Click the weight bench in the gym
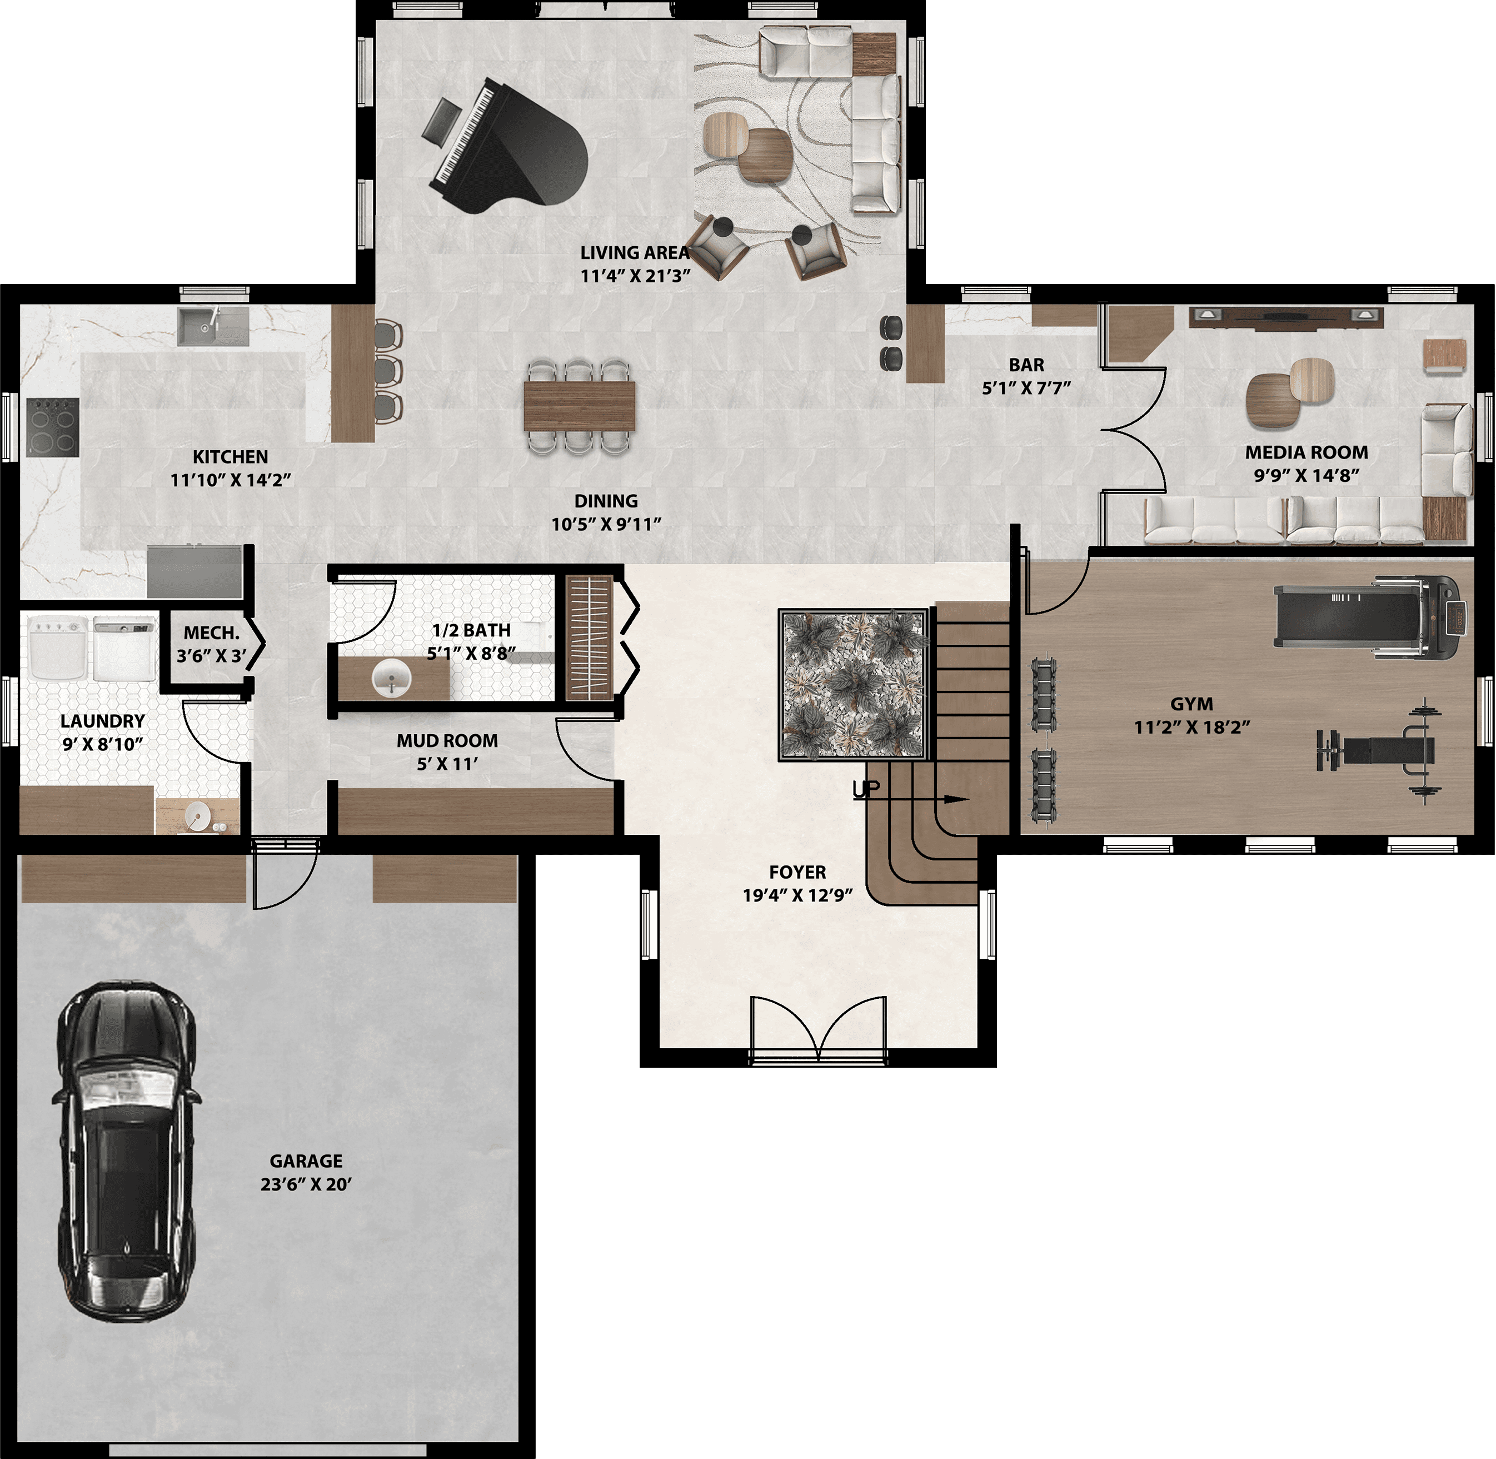pyautogui.click(x=1379, y=751)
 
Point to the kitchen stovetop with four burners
pyautogui.click(x=53, y=427)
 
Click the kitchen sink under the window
pyautogui.click(x=213, y=326)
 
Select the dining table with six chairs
pyautogui.click(x=580, y=406)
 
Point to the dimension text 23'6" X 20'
pyautogui.click(x=306, y=1184)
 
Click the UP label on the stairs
pyautogui.click(x=866, y=789)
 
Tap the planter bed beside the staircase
pyautogui.click(x=855, y=684)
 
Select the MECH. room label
pyautogui.click(x=211, y=634)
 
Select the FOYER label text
pyautogui.click(x=797, y=872)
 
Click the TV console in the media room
pyautogui.click(x=1287, y=316)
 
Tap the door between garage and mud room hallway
pyautogui.click(x=285, y=874)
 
